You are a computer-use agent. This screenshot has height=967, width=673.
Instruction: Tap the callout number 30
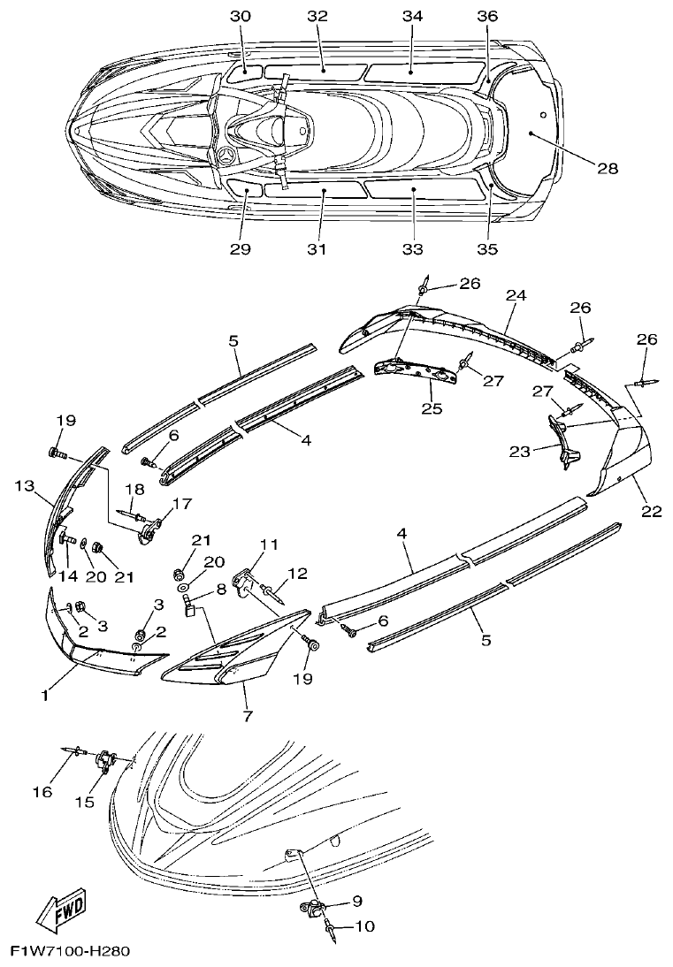click(241, 17)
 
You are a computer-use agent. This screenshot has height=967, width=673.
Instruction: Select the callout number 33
click(411, 249)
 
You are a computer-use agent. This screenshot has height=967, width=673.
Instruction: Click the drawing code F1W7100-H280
click(70, 953)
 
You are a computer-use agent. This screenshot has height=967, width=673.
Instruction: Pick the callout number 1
click(44, 696)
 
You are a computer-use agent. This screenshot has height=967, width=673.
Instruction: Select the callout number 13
click(24, 485)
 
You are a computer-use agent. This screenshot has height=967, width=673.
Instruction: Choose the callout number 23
click(519, 451)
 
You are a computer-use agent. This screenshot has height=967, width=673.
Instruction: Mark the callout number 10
click(363, 926)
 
